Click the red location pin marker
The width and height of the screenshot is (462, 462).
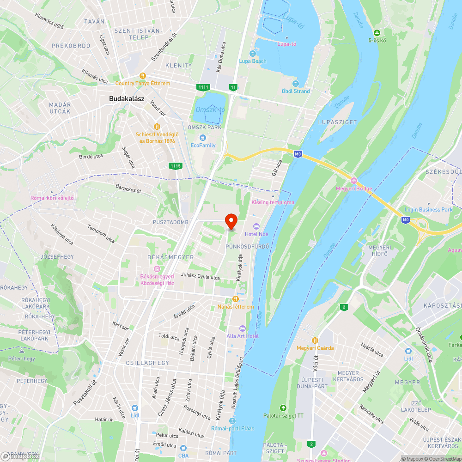231,221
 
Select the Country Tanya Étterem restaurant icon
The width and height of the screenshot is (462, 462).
143,76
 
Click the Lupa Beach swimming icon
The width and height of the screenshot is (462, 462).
252,54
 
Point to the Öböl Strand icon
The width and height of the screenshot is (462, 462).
296,84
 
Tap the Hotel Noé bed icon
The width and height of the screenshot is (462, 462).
257,226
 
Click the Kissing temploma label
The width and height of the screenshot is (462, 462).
273,202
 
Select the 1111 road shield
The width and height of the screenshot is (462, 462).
203,87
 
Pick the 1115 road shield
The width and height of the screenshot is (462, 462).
176,165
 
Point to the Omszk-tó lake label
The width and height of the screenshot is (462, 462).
210,109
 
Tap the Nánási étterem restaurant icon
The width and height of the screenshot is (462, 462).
236,299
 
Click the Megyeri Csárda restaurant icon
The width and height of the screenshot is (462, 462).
315,340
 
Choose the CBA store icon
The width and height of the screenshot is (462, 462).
183,448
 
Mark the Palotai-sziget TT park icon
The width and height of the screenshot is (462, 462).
283,408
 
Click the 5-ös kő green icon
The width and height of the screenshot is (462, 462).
377,32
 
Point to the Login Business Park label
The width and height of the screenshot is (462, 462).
428,209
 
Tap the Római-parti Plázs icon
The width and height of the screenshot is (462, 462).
233,421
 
